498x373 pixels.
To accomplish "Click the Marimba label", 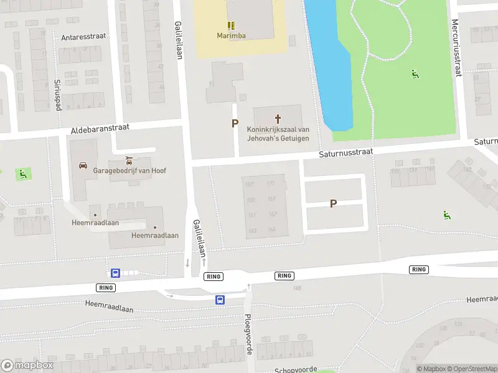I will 231,35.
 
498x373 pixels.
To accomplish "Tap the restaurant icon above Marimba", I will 231,25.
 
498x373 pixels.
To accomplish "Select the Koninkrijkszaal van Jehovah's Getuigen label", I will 278,133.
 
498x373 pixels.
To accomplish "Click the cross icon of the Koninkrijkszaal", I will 278,117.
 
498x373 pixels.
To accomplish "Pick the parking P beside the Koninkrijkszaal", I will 235,124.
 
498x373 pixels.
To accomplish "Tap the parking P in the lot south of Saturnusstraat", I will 334,203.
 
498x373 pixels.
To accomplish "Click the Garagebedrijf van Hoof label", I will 129,170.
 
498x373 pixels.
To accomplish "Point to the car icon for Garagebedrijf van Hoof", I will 83,165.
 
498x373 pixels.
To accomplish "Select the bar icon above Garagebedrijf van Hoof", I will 129,160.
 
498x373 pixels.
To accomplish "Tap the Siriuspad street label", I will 57,94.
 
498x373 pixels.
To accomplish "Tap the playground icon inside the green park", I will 415,74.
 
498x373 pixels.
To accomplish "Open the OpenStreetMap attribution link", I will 471,369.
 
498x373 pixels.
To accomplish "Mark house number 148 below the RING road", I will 297,287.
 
